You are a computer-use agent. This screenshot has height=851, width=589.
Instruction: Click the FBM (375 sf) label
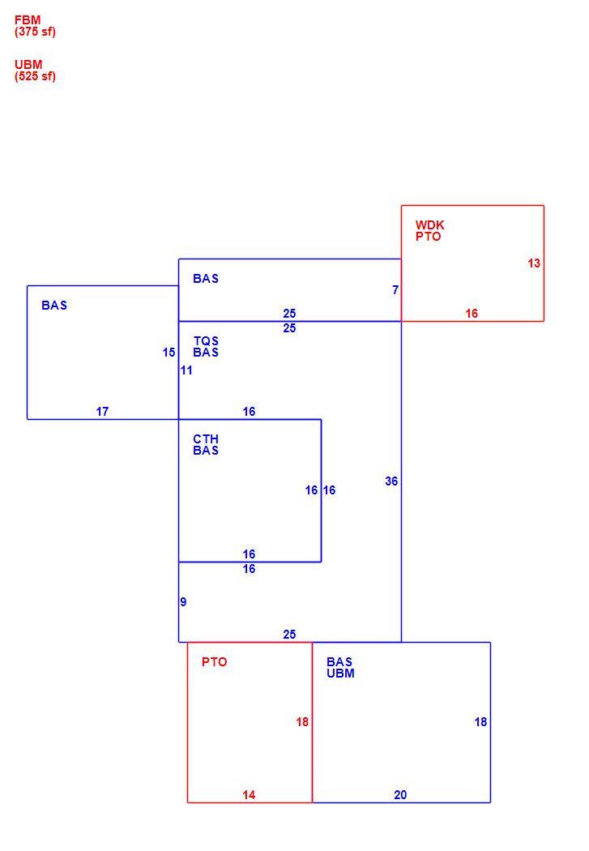[35, 25]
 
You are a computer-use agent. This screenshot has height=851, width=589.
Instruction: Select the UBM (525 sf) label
[35, 70]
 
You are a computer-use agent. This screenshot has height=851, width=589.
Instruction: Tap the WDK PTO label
[429, 231]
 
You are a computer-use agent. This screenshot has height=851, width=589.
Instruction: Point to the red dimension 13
[534, 263]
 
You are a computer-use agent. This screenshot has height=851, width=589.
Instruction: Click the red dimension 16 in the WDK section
[472, 313]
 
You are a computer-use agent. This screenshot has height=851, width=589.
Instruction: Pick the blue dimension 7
[395, 290]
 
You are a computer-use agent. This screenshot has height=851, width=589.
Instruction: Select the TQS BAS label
[206, 347]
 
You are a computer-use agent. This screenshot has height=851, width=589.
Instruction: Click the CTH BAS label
[206, 444]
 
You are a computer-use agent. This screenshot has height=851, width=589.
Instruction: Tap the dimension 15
[169, 353]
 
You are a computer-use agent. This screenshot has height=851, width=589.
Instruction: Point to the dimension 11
[186, 370]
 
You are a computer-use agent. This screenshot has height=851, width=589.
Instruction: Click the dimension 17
[102, 412]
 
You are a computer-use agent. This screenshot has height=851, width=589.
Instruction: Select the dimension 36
[391, 481]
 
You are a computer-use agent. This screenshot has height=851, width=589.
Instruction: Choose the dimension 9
[183, 601]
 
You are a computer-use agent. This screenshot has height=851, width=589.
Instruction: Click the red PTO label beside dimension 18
[214, 662]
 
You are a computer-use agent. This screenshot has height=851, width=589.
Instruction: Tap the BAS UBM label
[340, 668]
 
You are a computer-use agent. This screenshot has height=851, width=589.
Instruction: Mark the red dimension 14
[249, 794]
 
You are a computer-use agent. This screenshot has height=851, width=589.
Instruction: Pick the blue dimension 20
[400, 794]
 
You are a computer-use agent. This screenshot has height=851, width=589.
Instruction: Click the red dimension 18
[302, 722]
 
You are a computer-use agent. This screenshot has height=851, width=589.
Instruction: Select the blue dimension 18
[480, 722]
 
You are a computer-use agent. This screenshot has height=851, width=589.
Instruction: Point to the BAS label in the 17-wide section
[54, 306]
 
